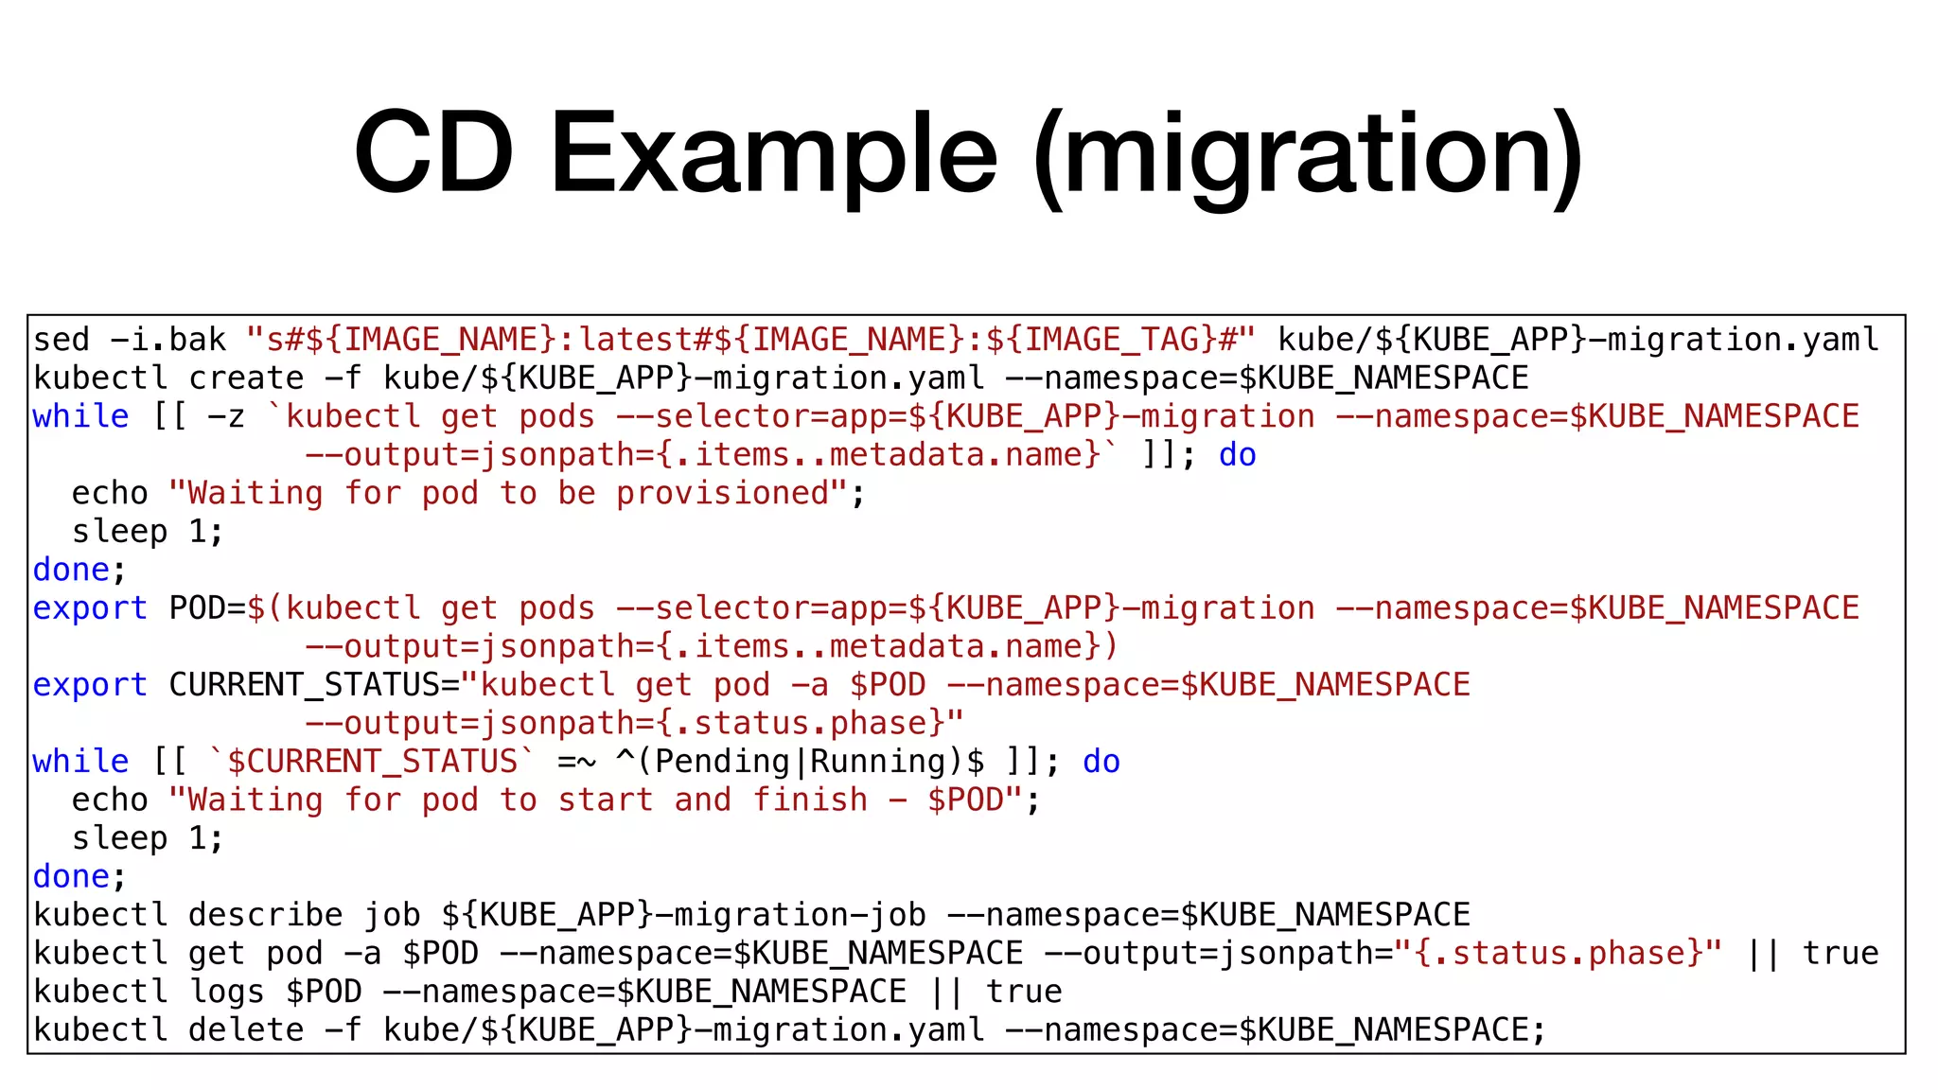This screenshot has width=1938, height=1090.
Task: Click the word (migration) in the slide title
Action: point(1308,156)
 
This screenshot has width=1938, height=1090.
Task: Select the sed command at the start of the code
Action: point(62,340)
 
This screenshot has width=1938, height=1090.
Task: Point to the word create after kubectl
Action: point(246,378)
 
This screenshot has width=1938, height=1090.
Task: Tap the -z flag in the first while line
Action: point(227,417)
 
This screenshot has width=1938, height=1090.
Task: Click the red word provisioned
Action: point(723,494)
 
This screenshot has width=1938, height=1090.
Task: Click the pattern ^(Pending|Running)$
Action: point(800,762)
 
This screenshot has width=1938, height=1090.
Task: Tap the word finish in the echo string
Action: point(810,800)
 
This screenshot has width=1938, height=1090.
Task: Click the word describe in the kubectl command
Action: point(265,915)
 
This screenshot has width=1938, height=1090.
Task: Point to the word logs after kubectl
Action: point(227,992)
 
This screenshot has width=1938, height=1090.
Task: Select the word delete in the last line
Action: point(246,1030)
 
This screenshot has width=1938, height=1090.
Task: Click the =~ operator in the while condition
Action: point(576,762)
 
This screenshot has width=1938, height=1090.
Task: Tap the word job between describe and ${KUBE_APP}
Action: point(392,915)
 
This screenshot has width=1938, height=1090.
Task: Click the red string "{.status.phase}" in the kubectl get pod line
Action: point(1558,954)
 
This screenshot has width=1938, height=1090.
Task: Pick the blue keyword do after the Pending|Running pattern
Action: point(1101,762)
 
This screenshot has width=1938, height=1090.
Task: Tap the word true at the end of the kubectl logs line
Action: point(1024,992)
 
